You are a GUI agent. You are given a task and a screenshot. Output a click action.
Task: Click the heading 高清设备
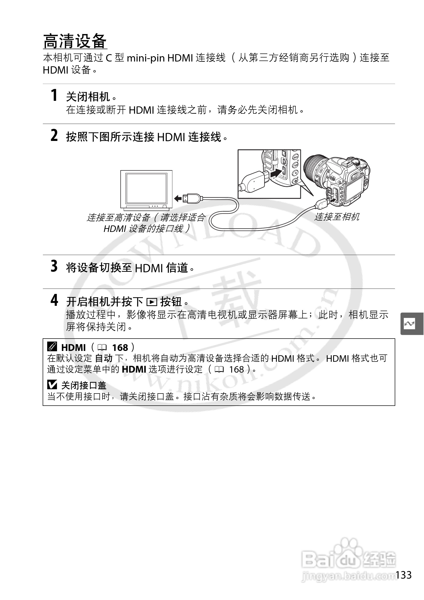pyautogui.click(x=75, y=41)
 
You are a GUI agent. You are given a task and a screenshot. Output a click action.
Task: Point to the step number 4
pyautogui.click(x=54, y=300)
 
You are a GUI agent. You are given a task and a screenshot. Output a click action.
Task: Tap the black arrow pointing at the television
pyautogui.click(x=178, y=198)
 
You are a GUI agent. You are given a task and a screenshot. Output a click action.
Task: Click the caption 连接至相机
pyautogui.click(x=337, y=217)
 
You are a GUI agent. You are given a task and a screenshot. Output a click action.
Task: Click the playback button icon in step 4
pyautogui.click(x=152, y=302)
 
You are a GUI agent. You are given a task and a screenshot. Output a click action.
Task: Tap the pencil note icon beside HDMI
pyautogui.click(x=52, y=347)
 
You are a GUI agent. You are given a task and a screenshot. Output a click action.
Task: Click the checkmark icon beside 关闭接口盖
pyautogui.click(x=52, y=385)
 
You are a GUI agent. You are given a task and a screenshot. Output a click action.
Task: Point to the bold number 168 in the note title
pyautogui.click(x=120, y=348)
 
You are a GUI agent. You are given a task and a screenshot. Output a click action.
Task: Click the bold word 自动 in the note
pyautogui.click(x=103, y=358)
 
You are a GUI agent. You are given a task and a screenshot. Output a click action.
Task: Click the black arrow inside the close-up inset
pyautogui.click(x=276, y=173)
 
